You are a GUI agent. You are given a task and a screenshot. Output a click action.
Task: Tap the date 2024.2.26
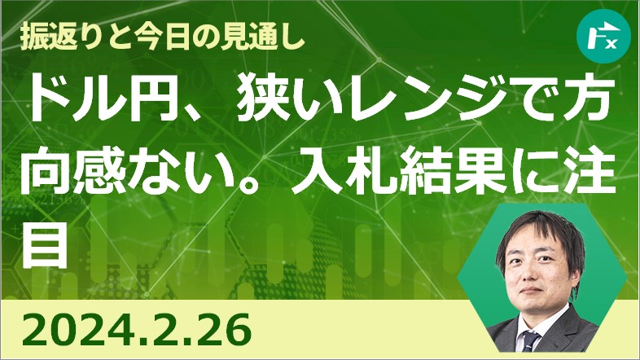pos(136,330)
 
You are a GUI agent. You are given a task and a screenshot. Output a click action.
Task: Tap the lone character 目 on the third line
pos(44,244)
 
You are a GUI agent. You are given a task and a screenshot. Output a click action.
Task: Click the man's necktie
pos(531,340)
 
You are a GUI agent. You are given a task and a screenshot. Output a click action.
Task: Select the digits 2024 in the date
pos(81,330)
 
